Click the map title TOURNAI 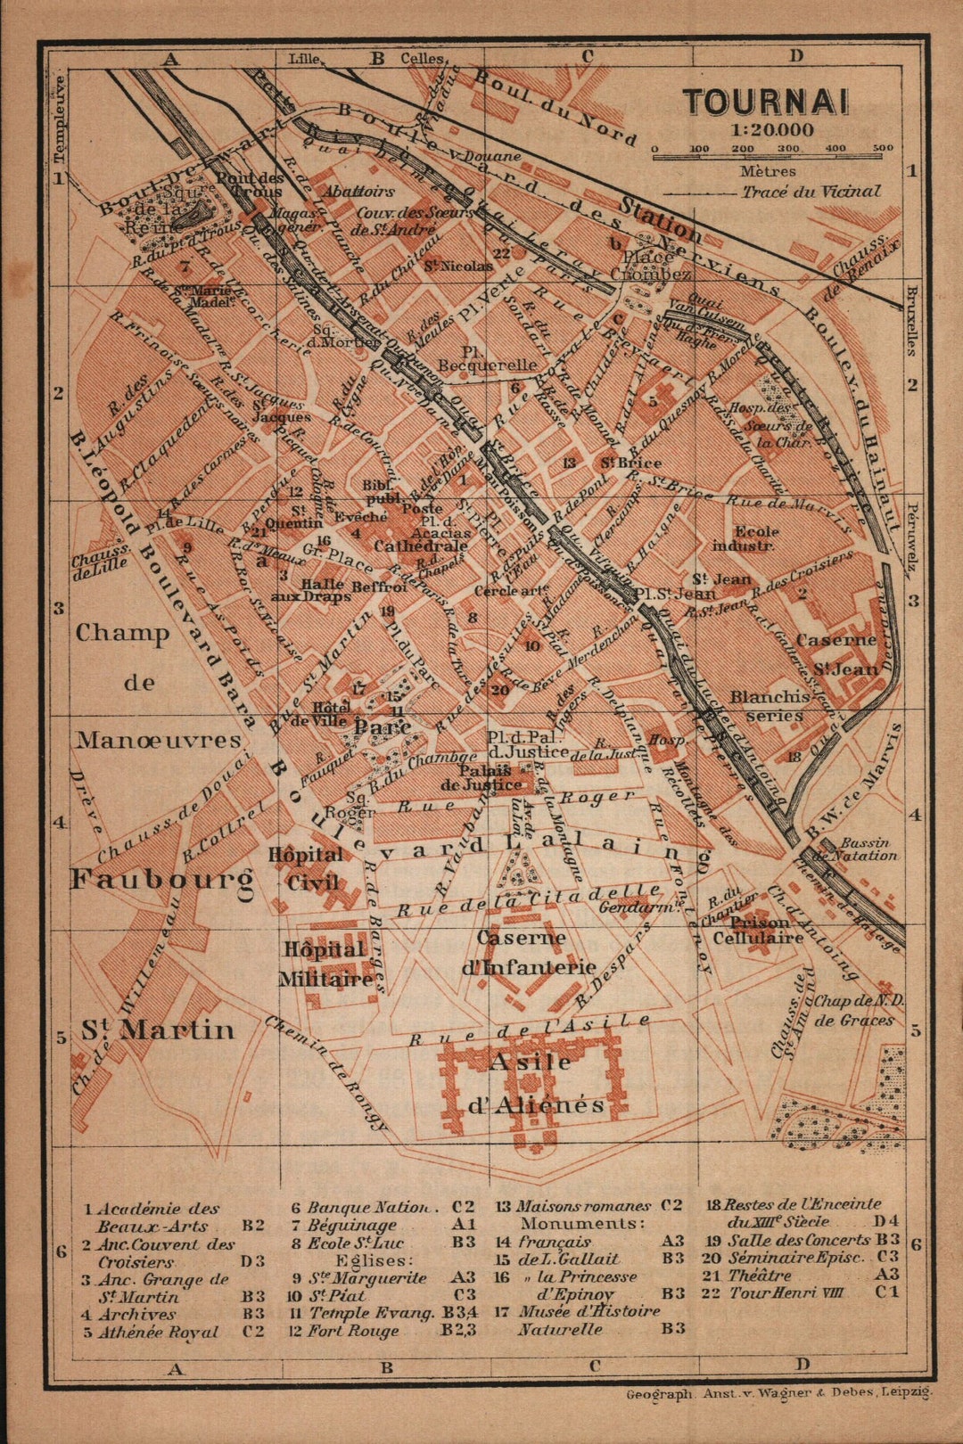point(765,102)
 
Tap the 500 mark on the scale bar point(883,149)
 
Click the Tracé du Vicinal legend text point(810,192)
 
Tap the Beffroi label point(379,587)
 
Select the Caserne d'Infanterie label point(528,952)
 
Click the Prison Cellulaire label point(758,930)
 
